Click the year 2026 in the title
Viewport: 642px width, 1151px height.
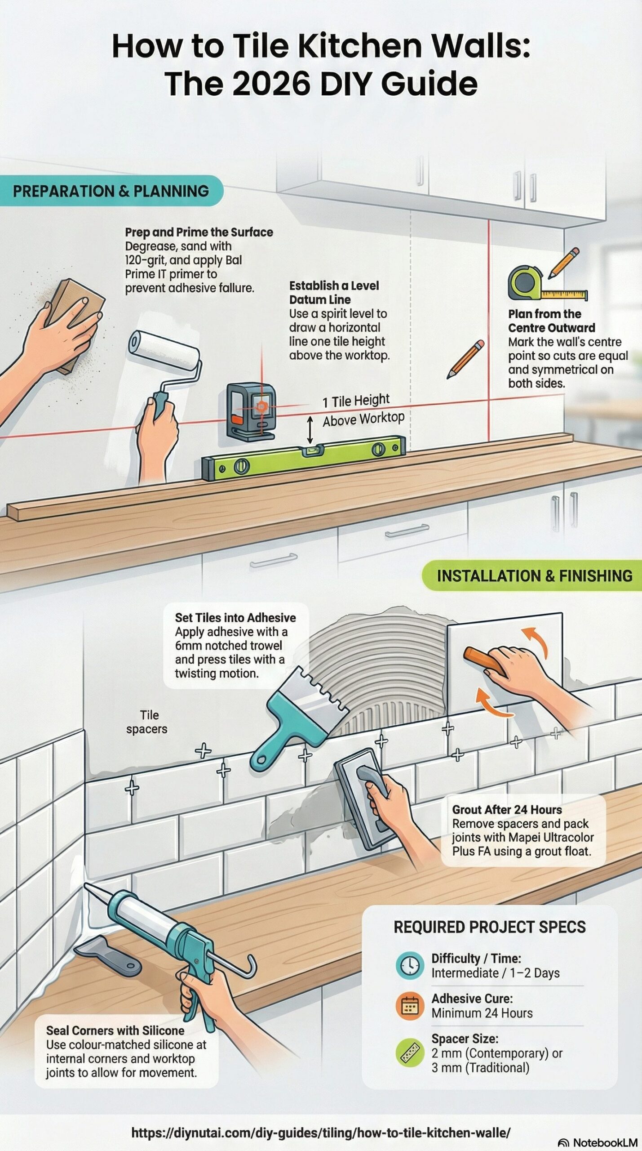[x=268, y=84]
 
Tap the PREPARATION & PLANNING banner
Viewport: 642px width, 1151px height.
[x=111, y=191]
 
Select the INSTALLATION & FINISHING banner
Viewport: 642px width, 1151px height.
[x=534, y=576]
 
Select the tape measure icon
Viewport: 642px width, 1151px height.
[x=526, y=283]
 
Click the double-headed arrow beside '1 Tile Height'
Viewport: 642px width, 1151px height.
[x=310, y=429]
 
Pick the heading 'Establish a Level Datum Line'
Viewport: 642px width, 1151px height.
[x=333, y=292]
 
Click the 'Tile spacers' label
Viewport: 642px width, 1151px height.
[x=147, y=722]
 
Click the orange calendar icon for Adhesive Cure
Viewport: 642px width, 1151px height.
[x=410, y=1005]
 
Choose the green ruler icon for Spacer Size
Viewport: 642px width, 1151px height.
[x=410, y=1053]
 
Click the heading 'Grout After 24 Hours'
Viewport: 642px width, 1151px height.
[x=506, y=810]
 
